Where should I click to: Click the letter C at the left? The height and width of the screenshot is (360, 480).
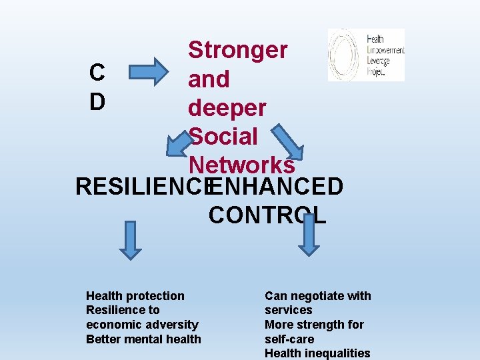(97, 72)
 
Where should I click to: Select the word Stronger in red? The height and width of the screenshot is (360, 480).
(237, 49)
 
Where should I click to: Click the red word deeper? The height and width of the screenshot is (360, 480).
(227, 107)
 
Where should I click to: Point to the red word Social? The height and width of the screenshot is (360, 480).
(223, 136)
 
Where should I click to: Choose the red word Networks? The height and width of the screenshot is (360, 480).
(241, 164)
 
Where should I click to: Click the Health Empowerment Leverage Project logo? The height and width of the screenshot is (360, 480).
(366, 55)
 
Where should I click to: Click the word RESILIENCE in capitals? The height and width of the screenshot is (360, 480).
(141, 187)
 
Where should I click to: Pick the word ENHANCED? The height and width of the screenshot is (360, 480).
(276, 187)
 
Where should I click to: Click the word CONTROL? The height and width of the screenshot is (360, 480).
(267, 215)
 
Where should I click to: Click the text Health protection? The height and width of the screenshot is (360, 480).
(135, 295)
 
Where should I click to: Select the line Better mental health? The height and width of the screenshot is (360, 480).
(143, 339)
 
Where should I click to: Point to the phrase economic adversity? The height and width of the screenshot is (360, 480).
(142, 324)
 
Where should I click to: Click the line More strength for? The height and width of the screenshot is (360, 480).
(314, 325)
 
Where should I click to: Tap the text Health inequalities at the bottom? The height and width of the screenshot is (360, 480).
(317, 353)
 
